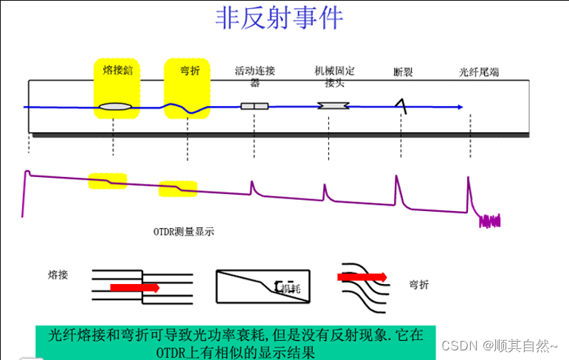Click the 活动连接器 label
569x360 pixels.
255,77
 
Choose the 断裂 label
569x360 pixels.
403,72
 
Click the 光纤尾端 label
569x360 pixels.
479,72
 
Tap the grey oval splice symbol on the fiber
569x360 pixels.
117,108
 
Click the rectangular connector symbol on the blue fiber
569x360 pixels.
255,107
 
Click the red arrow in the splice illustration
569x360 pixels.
134,287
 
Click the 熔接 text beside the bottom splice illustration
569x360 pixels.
58,274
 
